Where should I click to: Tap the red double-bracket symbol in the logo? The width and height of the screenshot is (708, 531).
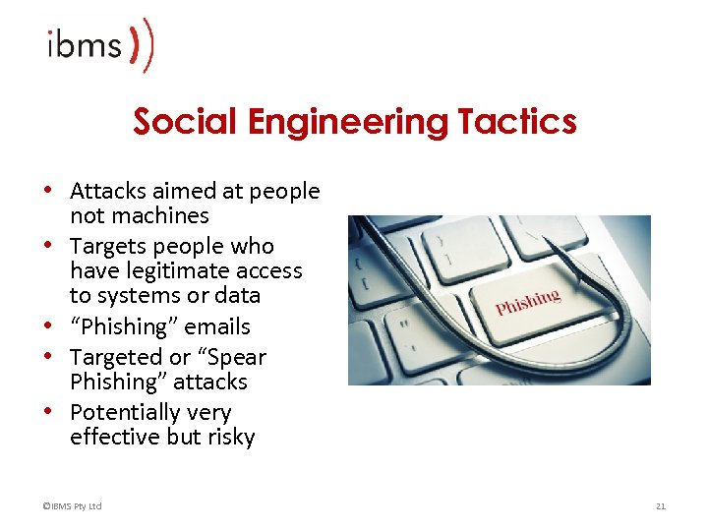(x=143, y=44)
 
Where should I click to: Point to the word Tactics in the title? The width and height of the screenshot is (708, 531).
(x=516, y=122)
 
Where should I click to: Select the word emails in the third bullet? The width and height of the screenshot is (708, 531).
(x=218, y=326)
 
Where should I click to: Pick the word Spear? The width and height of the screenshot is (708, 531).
(x=235, y=357)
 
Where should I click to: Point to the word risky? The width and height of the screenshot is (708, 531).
(x=230, y=437)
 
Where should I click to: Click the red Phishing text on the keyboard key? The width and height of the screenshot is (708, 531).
(x=528, y=302)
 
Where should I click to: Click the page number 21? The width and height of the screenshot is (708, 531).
(x=661, y=506)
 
